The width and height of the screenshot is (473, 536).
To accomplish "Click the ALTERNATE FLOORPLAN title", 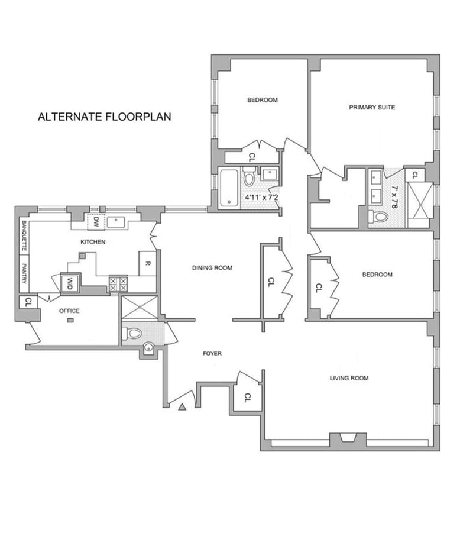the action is coord(105,117).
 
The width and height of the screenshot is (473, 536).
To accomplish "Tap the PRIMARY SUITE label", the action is coord(372,107).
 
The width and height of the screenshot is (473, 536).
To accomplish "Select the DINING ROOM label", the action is coord(212,267).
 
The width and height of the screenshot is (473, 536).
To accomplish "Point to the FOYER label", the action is coord(212,353).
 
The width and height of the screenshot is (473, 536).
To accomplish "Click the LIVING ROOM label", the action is coord(349,378).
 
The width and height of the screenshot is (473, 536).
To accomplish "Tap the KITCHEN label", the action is coord(93,242).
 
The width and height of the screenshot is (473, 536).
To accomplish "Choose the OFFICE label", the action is coord(69,311).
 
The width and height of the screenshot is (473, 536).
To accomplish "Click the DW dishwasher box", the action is coord(96,221).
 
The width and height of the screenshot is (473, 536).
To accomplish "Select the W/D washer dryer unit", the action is coord(70,283).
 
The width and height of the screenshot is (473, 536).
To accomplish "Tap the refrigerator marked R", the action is coord(148,263).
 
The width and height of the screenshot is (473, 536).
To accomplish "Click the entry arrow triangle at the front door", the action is coord(182,407).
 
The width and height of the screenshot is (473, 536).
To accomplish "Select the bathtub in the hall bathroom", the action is coord(229,188).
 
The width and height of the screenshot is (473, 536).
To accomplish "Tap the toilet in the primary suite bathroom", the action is coord(379,217).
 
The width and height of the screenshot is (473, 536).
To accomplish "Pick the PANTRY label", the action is coord(24,273).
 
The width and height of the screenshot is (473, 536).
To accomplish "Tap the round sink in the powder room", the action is coord(148,348).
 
